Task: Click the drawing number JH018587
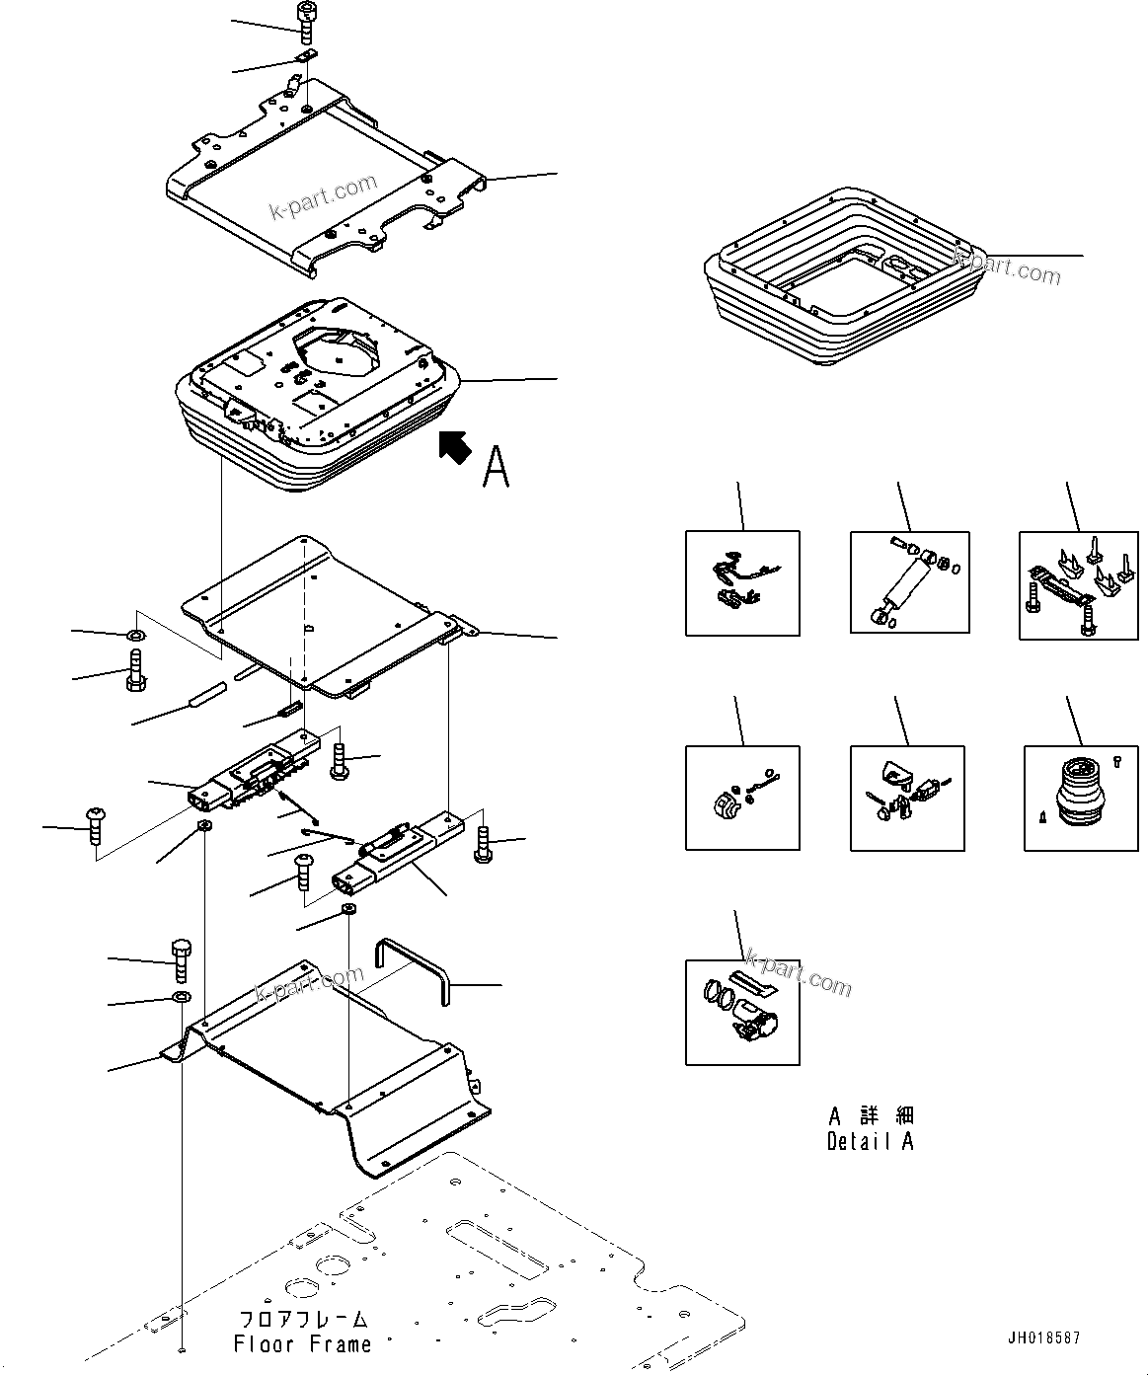click(1043, 1338)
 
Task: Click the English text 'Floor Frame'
click(302, 1343)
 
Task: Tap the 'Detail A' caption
click(870, 1141)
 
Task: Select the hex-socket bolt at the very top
click(306, 21)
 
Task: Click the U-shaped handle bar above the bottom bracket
click(411, 970)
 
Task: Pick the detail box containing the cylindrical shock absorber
click(909, 582)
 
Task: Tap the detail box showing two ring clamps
click(742, 1013)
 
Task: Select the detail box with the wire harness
click(742, 583)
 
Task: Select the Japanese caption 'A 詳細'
click(871, 1116)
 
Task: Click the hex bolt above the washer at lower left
click(182, 958)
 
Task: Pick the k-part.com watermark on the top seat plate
click(325, 198)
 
